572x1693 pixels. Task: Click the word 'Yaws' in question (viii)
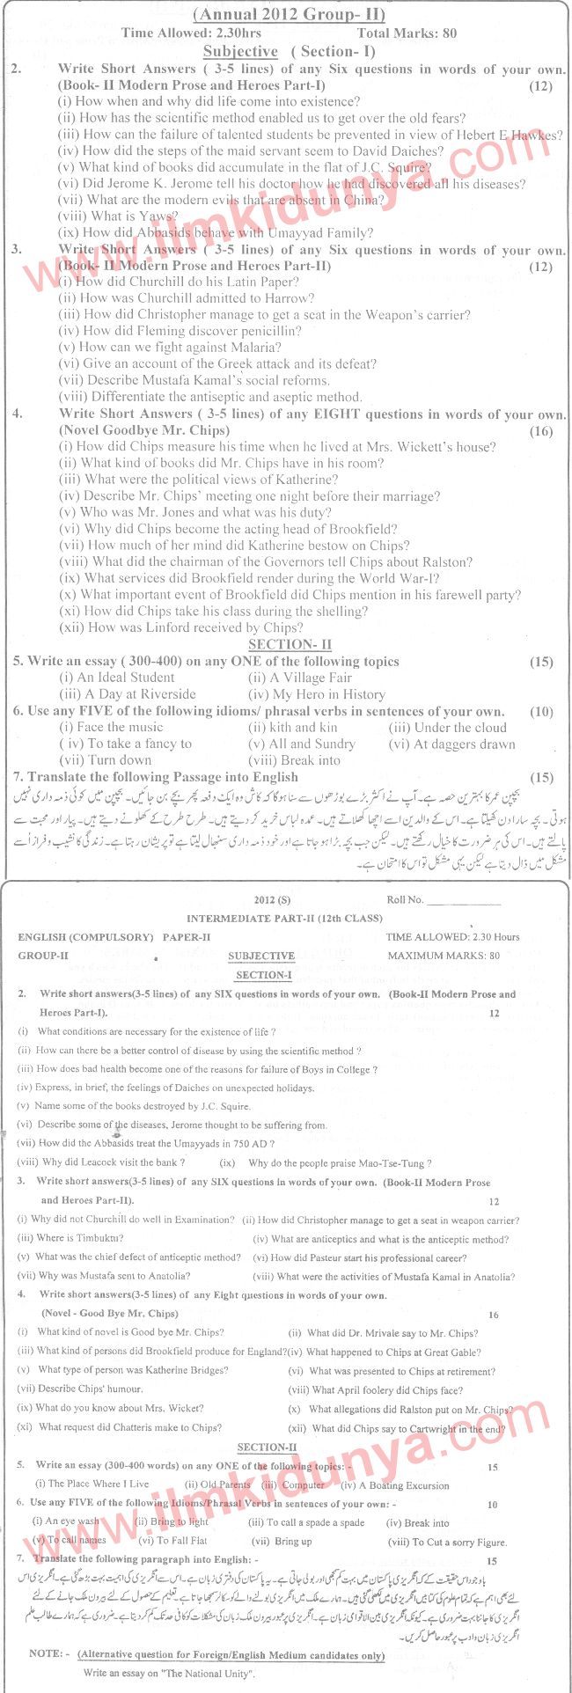tap(156, 216)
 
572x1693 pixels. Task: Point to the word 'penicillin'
tap(270, 331)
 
